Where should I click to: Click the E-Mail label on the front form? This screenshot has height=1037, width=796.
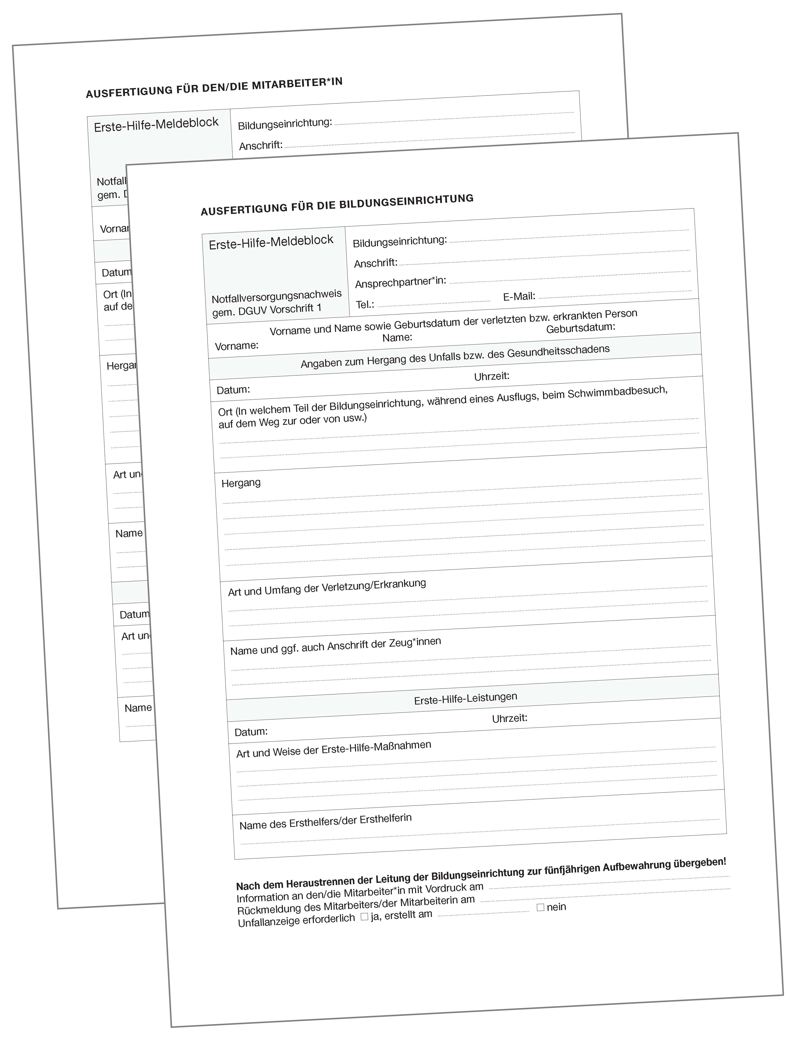(x=519, y=296)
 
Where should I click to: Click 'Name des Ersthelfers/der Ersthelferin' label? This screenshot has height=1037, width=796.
(x=325, y=822)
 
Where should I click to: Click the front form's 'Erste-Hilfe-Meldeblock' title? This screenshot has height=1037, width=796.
(x=271, y=242)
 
